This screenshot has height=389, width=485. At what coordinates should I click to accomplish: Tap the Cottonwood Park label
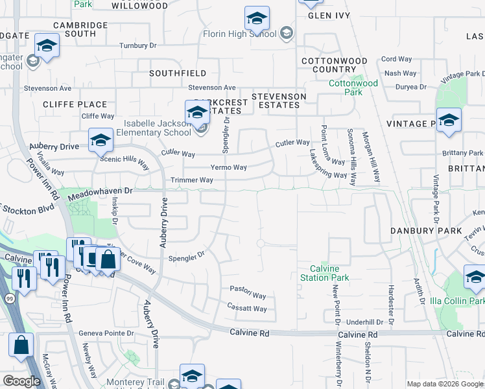pos(353,88)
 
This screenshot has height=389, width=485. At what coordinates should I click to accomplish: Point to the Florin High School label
pos(239,34)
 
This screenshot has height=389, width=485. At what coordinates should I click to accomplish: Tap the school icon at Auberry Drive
pos(101,141)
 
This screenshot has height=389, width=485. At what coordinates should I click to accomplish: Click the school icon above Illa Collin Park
pos(475,277)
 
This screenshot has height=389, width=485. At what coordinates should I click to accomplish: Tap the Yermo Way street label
pos(228,167)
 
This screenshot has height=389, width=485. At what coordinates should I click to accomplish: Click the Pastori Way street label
pos(248,296)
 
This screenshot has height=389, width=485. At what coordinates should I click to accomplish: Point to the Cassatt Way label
pos(246,309)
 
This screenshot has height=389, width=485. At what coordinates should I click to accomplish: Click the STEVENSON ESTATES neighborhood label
pos(279,100)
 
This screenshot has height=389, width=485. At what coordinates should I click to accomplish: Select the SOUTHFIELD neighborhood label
pos(178,74)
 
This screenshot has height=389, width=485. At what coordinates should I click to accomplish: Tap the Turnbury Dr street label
pos(138,46)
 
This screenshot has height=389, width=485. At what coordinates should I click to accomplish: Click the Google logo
pos(21,381)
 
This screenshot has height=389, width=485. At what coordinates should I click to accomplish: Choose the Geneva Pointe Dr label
pos(106,333)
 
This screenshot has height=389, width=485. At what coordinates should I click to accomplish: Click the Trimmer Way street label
pos(191,180)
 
